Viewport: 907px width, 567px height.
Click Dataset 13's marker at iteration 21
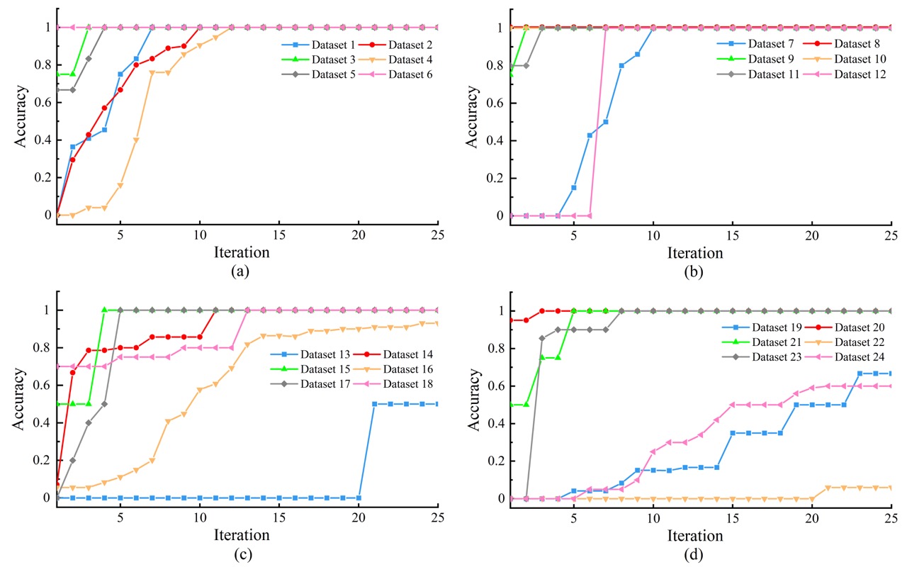click(x=375, y=404)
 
